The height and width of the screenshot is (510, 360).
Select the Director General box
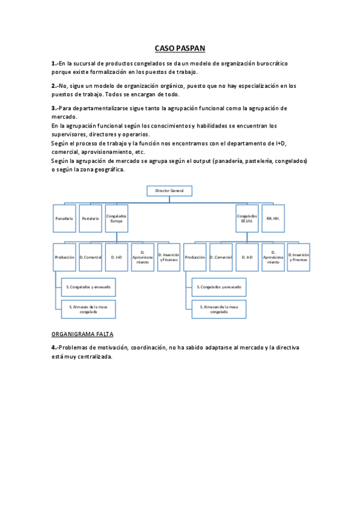169,191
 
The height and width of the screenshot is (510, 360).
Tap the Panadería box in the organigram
64,218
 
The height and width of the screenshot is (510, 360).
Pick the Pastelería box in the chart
90,218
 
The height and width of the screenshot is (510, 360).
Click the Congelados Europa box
116,218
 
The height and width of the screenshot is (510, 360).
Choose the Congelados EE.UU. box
247,218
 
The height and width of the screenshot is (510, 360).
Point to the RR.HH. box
273,218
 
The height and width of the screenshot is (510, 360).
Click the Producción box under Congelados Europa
64,257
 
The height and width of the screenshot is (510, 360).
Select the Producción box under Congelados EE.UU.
195,257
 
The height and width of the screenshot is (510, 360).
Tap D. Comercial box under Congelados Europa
90,257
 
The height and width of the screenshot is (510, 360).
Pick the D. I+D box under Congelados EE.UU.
247,257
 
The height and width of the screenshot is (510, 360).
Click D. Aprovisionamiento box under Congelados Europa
142,257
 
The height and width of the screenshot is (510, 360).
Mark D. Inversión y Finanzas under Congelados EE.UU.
299,257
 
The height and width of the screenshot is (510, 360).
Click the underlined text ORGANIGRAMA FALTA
82,334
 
